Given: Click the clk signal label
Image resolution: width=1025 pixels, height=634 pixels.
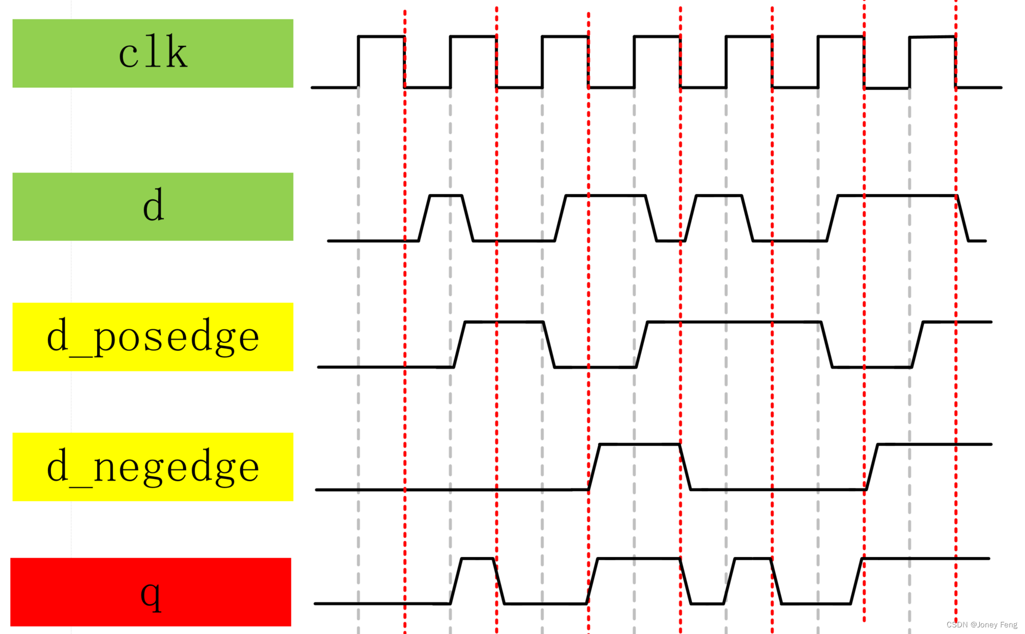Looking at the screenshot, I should (153, 53).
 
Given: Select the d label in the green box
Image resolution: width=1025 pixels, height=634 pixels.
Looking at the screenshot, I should (153, 206).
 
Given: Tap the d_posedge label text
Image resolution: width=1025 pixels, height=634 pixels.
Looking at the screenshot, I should (153, 336).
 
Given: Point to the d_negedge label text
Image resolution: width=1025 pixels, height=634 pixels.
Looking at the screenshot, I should (153, 467).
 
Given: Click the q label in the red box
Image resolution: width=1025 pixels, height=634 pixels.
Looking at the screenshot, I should (151, 593).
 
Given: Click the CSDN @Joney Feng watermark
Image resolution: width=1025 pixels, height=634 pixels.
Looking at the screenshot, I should (981, 624).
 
